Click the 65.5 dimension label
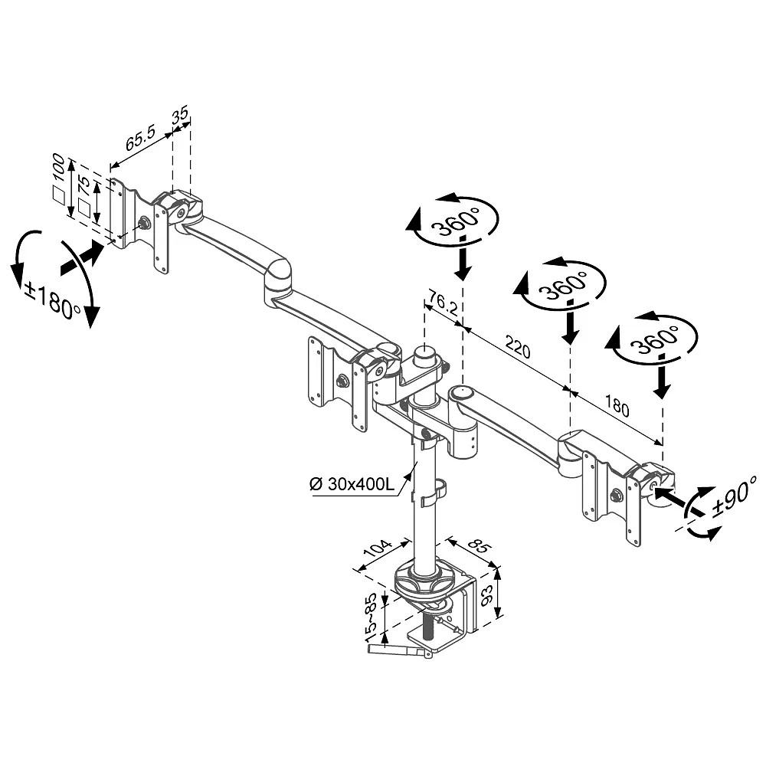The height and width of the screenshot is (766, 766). click(140, 138)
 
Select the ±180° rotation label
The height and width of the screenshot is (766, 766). click(54, 301)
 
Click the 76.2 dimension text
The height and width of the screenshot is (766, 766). click(444, 303)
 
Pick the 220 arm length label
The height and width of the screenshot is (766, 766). click(518, 347)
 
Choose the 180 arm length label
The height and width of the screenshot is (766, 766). click(617, 405)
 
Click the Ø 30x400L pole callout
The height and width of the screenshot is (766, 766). click(352, 484)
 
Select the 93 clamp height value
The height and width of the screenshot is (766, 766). click(486, 596)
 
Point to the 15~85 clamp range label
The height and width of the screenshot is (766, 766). click(372, 617)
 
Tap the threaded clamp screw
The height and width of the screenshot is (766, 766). click(430, 627)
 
